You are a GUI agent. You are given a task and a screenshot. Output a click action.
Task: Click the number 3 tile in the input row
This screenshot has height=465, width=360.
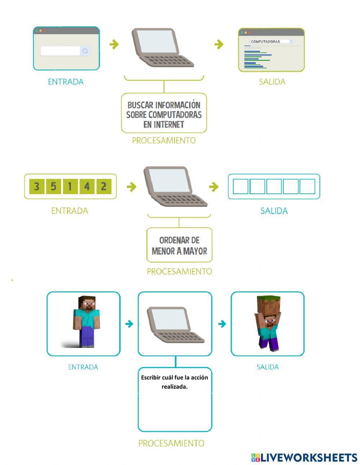(x=36, y=187)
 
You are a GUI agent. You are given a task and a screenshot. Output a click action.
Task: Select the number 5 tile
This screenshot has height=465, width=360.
(x=53, y=187)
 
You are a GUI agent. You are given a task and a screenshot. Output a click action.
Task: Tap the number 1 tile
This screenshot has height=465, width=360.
(x=70, y=187)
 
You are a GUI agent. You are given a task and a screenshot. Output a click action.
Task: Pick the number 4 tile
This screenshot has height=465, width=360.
(x=87, y=187)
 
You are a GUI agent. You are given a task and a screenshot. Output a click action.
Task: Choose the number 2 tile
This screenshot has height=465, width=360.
(x=104, y=187)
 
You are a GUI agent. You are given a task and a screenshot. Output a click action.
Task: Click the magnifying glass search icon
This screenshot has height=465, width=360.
(x=85, y=51)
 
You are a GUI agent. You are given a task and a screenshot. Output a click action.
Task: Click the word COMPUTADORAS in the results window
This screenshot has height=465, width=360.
(x=265, y=41)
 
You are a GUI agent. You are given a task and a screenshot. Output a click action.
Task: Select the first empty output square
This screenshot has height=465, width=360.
(x=240, y=187)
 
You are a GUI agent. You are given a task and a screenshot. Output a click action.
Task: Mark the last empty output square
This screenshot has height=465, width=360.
(x=307, y=187)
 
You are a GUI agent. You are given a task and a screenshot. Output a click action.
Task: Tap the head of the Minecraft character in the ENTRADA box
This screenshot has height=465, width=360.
(x=87, y=304)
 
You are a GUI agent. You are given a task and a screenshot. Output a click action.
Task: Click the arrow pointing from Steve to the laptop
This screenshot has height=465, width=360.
(x=129, y=324)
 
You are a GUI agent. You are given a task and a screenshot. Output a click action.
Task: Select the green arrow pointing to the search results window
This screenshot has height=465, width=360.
(x=219, y=44)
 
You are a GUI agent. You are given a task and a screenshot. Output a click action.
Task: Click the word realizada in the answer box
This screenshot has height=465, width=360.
(x=175, y=387)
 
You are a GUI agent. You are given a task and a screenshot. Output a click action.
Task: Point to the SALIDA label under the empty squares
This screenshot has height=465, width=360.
(x=274, y=211)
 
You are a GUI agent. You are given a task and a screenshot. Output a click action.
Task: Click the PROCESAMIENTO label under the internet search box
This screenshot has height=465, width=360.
(x=164, y=140)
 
